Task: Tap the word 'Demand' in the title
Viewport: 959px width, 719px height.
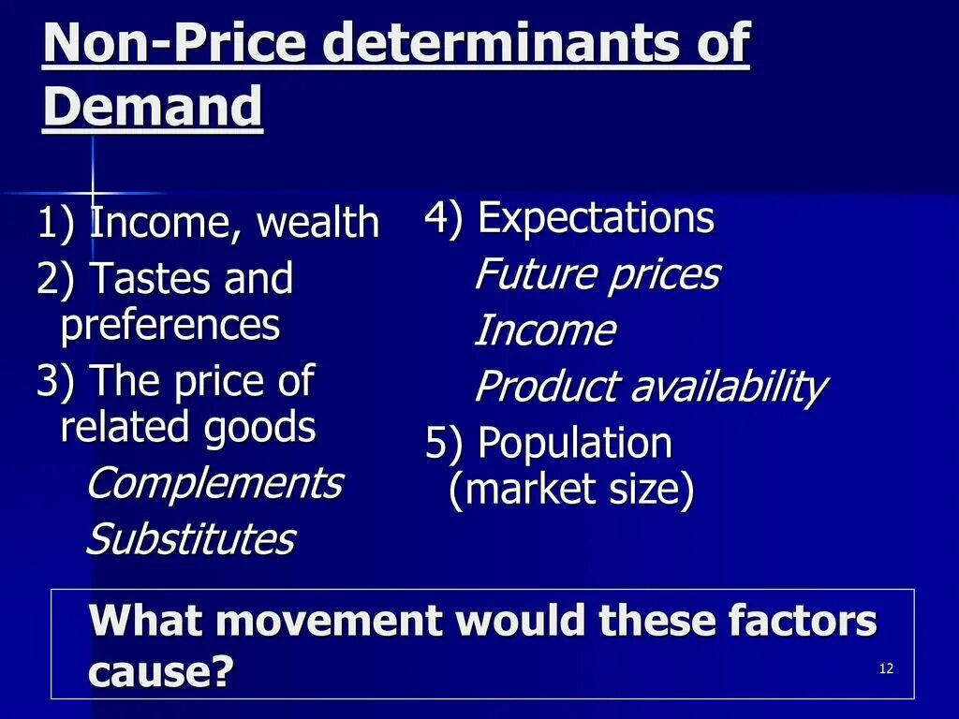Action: point(153,108)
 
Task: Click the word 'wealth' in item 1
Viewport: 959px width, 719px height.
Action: point(317,223)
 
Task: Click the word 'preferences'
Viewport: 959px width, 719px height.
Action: point(170,325)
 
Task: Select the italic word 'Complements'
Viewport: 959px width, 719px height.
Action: point(214,483)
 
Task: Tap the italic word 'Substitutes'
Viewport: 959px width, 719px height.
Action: point(190,539)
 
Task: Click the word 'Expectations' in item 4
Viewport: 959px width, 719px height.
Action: point(596,218)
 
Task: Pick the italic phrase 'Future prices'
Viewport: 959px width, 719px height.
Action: point(598,274)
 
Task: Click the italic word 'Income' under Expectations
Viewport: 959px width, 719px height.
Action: point(545,330)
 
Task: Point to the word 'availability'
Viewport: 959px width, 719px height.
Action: point(728,387)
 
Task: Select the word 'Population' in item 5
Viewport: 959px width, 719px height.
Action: point(575,443)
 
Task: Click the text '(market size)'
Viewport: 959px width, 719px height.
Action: point(571,491)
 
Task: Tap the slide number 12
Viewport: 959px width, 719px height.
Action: point(887,668)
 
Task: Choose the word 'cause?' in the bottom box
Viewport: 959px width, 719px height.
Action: point(160,670)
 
